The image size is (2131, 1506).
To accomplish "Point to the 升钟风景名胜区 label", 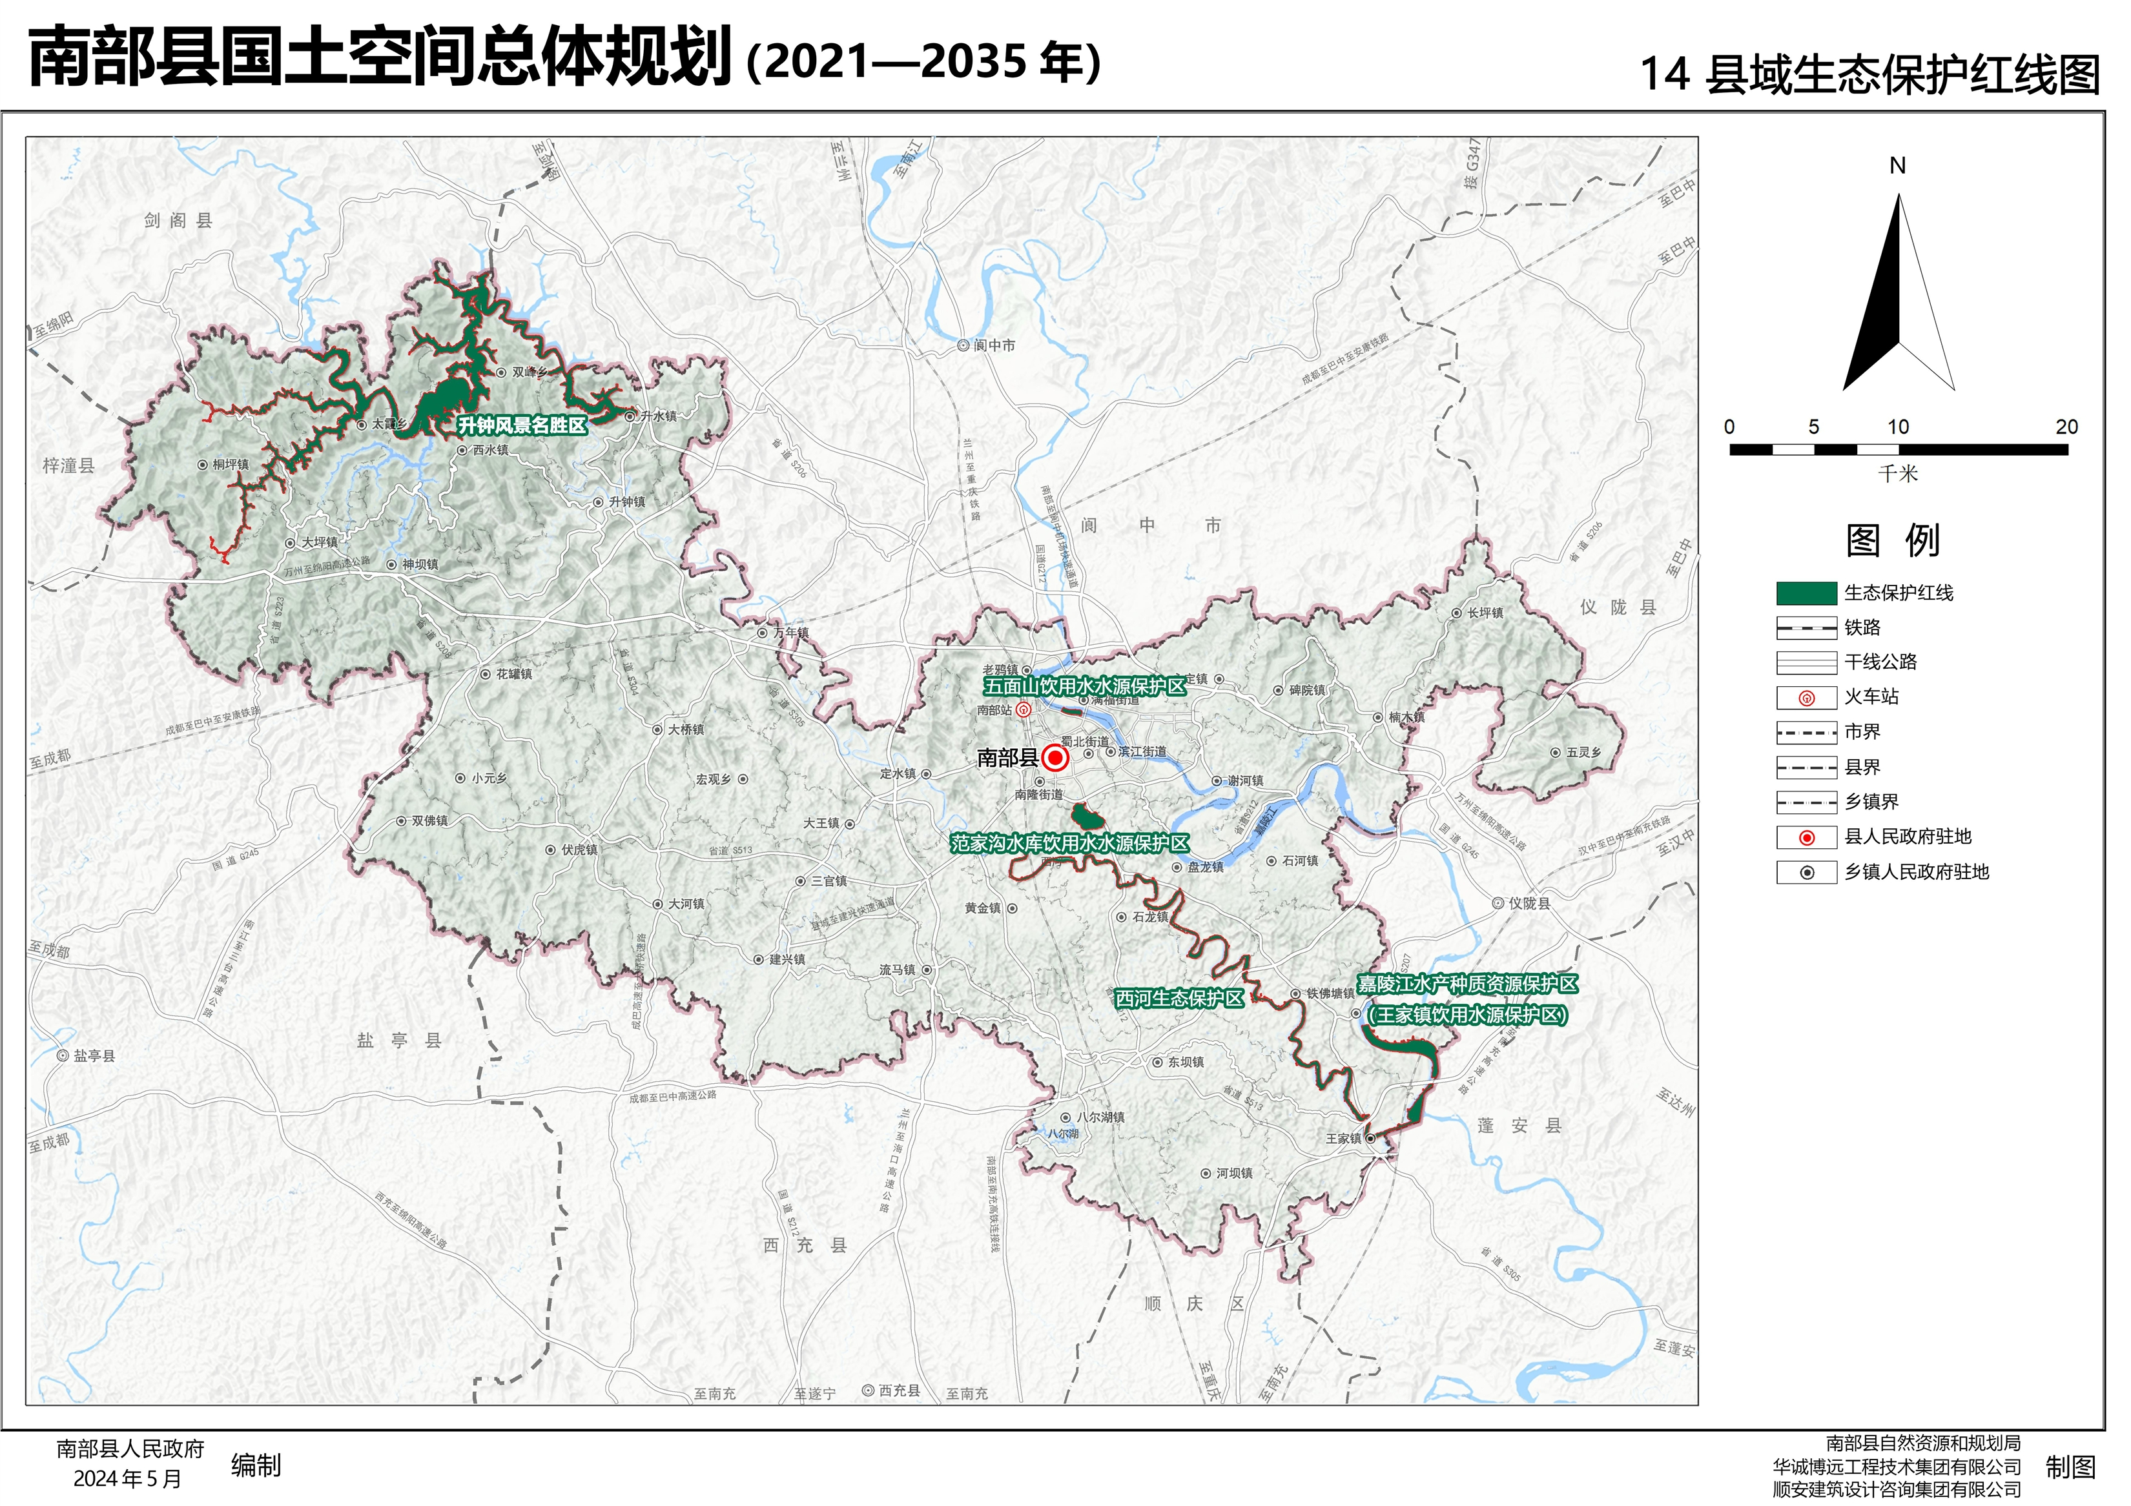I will [522, 426].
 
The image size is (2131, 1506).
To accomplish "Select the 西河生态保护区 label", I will [1179, 999].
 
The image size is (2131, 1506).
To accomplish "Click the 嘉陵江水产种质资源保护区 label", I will [1467, 984].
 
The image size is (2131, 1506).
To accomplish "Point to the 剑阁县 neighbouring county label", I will [178, 221].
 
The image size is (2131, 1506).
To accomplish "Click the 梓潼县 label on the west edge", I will [68, 466].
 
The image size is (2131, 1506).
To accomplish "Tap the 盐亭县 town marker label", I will [94, 1056].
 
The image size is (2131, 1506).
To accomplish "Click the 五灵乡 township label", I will [1584, 753].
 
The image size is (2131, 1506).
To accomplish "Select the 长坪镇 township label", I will [1485, 613].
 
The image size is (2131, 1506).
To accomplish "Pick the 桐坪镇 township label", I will [230, 465].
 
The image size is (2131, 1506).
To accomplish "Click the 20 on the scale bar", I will [2066, 427].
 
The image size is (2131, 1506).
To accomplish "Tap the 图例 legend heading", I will [1893, 541].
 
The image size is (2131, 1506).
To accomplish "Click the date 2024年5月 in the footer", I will [127, 1479].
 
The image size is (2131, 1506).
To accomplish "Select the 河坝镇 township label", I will [1235, 1174].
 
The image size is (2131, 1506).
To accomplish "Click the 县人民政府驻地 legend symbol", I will [1806, 838].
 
